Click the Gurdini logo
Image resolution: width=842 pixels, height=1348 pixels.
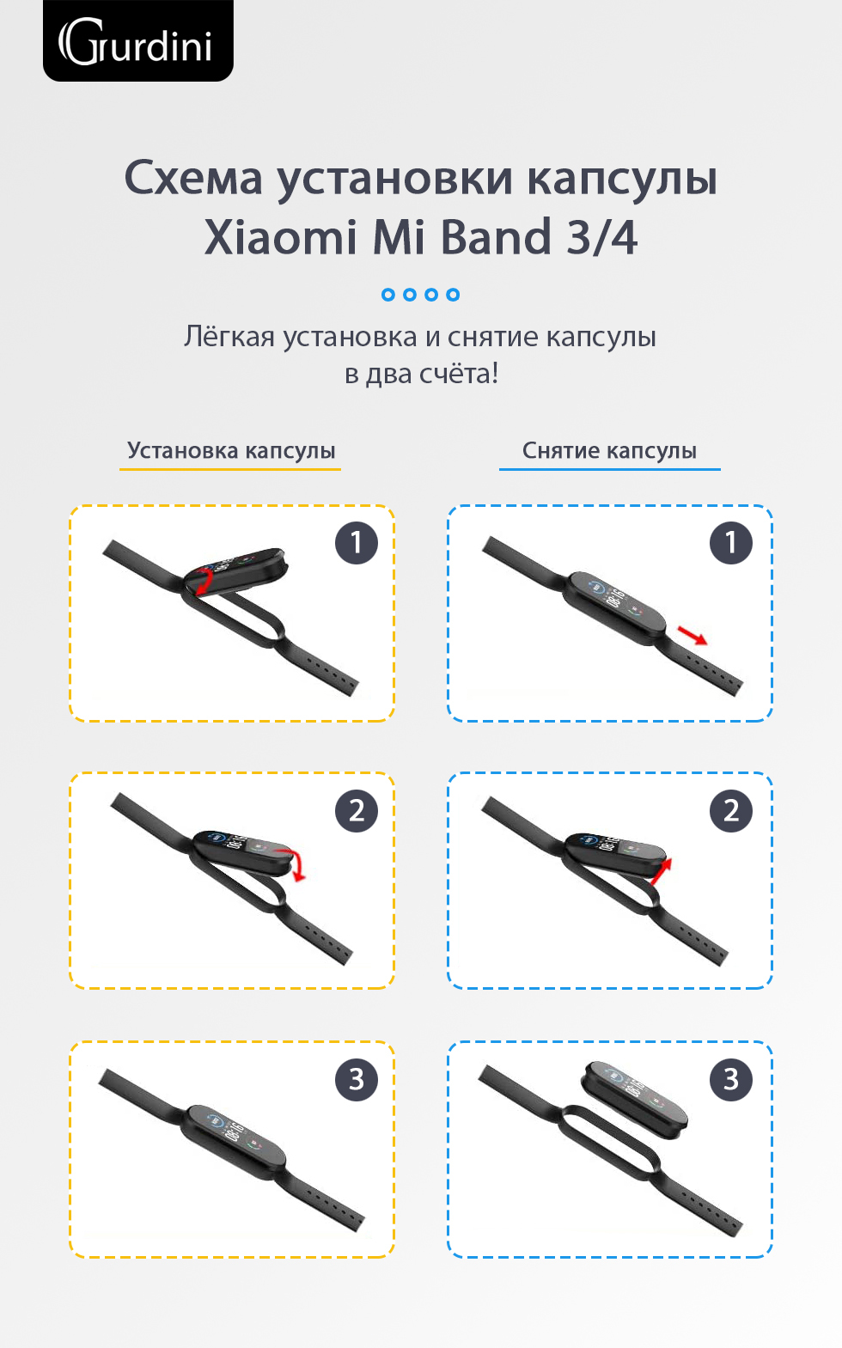137,41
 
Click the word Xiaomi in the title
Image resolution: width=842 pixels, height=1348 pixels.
280,237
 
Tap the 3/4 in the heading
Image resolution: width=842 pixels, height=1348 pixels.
602,237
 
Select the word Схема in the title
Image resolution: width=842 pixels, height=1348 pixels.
194,179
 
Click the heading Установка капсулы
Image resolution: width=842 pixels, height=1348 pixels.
231,450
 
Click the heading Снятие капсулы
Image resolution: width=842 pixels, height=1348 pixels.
609,450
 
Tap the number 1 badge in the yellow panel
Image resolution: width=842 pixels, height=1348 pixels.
357,543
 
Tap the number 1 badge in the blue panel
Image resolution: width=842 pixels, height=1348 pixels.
730,543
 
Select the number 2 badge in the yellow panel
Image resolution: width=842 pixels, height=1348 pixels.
357,811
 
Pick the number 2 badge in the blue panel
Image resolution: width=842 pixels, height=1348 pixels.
730,811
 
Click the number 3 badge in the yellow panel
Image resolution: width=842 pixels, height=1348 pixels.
357,1079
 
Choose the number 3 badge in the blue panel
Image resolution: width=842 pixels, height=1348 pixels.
730,1079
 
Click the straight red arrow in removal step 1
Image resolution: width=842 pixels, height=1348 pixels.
693,635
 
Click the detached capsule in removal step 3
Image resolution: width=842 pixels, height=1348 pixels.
634,1100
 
